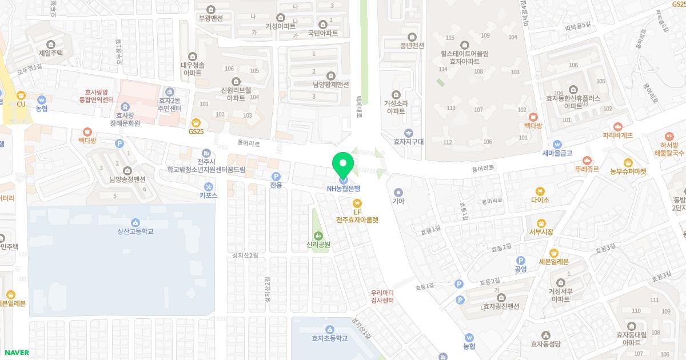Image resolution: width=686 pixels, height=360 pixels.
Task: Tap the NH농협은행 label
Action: [343, 189]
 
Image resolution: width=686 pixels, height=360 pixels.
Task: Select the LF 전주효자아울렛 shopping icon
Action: [357, 202]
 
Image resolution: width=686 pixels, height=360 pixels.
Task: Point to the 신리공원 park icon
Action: [318, 235]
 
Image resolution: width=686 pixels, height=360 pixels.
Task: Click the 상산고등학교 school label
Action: [135, 231]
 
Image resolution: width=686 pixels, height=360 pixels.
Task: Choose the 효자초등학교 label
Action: [329, 338]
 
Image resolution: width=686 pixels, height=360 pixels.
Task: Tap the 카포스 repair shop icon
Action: [208, 186]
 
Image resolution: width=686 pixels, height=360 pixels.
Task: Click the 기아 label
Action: [398, 201]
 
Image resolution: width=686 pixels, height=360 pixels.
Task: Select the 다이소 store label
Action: [540, 200]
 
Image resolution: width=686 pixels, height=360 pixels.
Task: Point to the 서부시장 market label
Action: [541, 232]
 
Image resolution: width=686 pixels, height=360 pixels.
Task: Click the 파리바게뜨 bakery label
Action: [617, 135]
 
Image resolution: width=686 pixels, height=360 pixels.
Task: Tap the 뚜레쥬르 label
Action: [587, 169]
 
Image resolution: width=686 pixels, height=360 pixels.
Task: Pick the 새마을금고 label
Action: [557, 153]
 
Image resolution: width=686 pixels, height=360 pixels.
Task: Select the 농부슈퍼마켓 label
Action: [628, 171]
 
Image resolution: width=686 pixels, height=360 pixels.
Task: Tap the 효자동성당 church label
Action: [546, 344]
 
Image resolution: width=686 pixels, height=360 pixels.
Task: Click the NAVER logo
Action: [15, 353]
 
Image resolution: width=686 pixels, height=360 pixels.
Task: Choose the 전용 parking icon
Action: [276, 185]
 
